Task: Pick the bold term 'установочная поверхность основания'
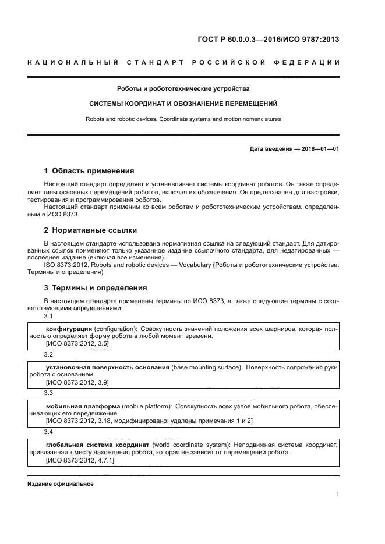pos(108,368)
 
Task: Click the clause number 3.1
pos(48,316)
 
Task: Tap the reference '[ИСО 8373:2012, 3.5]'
pos(77,344)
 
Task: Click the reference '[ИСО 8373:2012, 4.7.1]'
pos(80,460)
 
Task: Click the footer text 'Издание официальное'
pos(61,483)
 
